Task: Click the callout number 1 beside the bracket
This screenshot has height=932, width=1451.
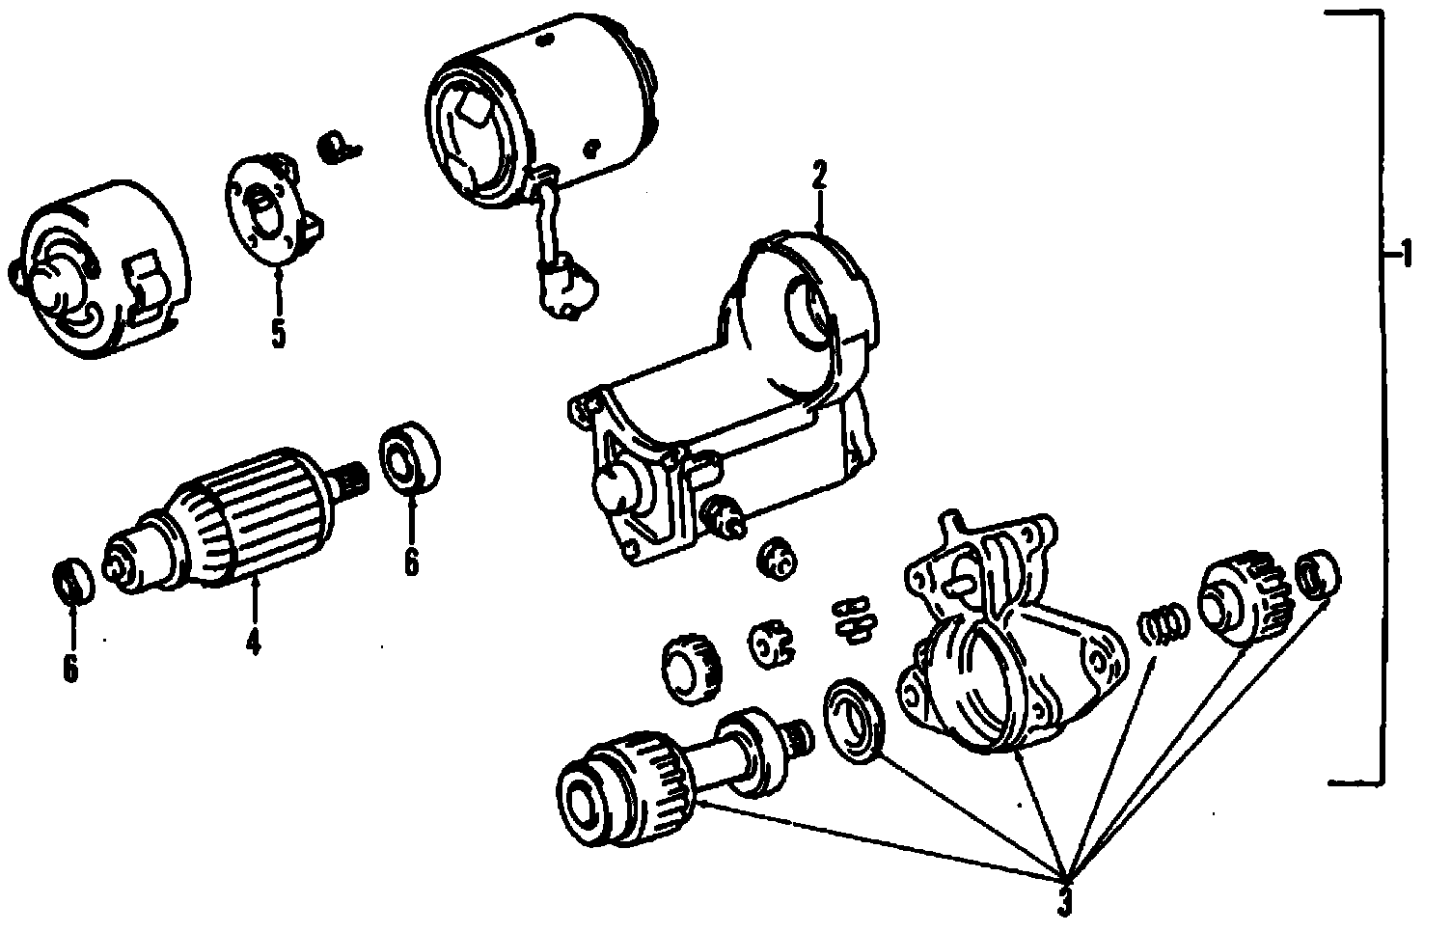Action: click(x=1406, y=257)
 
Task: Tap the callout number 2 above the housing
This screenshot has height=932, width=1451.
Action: click(x=819, y=178)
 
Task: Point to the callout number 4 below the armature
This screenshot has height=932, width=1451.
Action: click(x=253, y=641)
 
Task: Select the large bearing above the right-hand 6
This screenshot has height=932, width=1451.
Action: click(x=410, y=459)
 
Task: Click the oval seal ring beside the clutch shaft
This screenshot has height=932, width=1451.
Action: click(x=854, y=719)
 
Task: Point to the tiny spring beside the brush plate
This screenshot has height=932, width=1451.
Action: click(x=336, y=148)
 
